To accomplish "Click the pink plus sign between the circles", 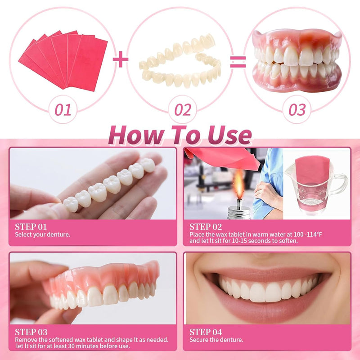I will pos(120,59).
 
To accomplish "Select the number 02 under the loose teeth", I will pos(182,109).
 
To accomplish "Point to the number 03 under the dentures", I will pos(297,109).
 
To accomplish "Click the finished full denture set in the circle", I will pos(297,58).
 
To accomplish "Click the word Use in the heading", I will pos(227,135).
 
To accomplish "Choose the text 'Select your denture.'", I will pos(43,234).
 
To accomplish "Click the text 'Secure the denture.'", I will pos(216,340).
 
